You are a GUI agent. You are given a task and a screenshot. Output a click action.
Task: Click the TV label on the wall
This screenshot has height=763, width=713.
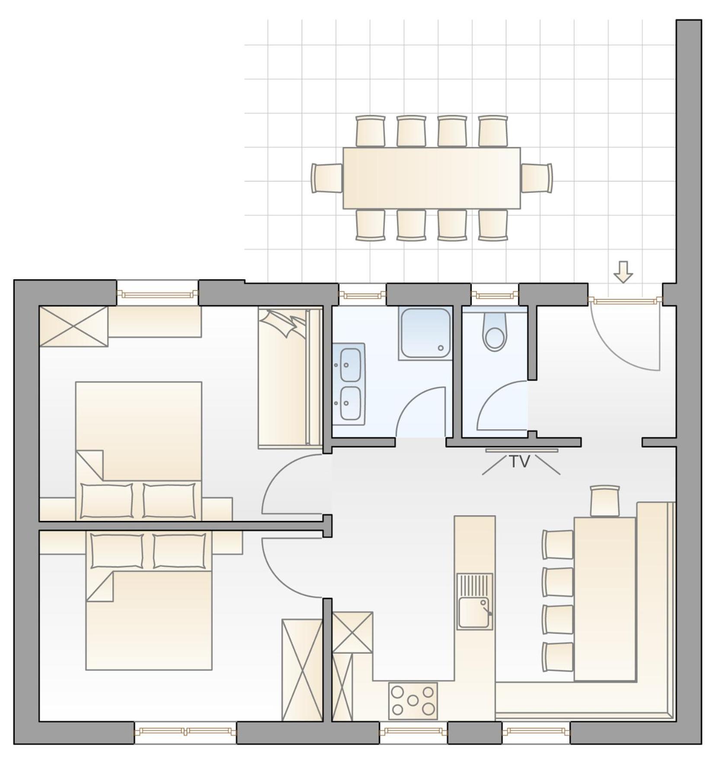[x=520, y=462]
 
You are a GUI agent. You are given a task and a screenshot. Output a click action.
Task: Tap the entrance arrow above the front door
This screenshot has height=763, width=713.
[x=623, y=272]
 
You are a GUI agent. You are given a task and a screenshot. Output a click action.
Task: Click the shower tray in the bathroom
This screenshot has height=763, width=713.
[x=425, y=333]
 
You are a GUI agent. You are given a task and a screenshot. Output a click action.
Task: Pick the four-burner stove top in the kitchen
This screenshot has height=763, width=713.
[x=413, y=701]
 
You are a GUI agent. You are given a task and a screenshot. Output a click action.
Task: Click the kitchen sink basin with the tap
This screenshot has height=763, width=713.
[x=474, y=612]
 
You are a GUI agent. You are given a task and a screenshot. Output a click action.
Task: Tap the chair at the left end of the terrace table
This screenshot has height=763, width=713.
[x=327, y=178]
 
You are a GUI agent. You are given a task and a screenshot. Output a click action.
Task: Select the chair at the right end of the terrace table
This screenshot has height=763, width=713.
[x=537, y=178]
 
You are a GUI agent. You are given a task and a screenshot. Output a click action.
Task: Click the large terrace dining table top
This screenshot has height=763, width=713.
[x=432, y=178]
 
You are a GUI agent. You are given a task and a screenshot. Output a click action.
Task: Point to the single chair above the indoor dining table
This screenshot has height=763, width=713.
[x=605, y=501]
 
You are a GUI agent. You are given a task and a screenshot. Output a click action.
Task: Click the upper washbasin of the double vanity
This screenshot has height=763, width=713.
[x=350, y=364]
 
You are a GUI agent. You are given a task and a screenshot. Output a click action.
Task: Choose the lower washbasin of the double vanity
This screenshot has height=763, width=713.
[x=350, y=403]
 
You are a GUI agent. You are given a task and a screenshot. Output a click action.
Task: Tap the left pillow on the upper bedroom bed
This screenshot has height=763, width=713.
[x=107, y=501]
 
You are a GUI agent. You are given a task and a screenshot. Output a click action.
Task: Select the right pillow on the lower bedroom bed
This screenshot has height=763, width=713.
[x=179, y=551]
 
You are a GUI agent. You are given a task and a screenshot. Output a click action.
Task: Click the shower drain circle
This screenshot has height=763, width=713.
[x=441, y=348]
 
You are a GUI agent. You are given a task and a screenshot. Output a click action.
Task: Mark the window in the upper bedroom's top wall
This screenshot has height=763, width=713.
[x=157, y=294]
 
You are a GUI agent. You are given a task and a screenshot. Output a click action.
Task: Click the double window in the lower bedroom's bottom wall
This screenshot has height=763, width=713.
[x=185, y=731]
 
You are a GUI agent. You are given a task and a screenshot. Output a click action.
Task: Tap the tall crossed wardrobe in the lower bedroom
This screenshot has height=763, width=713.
[x=302, y=670]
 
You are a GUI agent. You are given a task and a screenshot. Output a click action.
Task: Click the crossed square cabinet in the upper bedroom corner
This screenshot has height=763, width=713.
[x=74, y=326]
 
